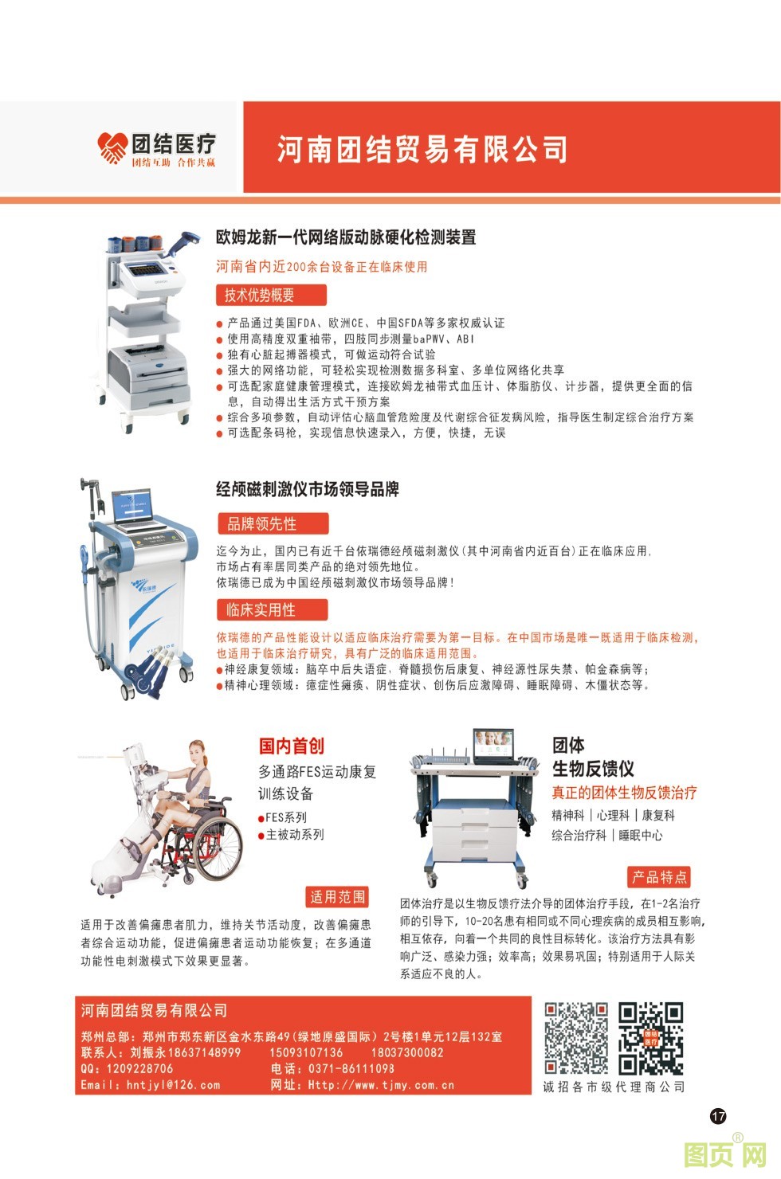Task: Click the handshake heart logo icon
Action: tap(112, 148)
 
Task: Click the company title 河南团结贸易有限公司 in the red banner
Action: tap(422, 149)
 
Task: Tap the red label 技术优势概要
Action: tap(271, 296)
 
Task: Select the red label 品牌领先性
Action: tap(273, 523)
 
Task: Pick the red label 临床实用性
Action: tap(273, 610)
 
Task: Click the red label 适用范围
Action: tap(338, 896)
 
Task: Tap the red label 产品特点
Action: tap(659, 877)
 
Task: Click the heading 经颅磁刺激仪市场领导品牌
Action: tap(308, 489)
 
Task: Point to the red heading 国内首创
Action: tap(291, 746)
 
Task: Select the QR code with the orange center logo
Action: tap(650, 1039)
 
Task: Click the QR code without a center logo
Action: tap(575, 1039)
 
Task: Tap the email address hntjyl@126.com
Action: tap(173, 1085)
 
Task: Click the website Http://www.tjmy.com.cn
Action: tap(381, 1085)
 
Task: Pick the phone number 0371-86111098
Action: tap(351, 1068)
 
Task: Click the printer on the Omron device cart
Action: tap(148, 367)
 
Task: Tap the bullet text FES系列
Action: tap(286, 817)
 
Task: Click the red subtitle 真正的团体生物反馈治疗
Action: tap(624, 793)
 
